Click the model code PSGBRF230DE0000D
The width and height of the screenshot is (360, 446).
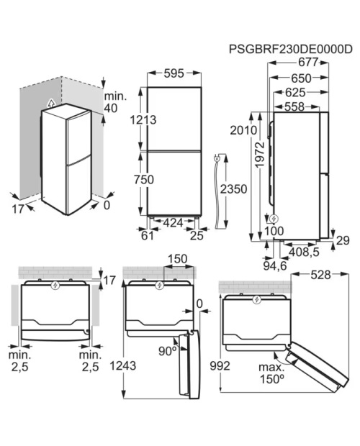291,49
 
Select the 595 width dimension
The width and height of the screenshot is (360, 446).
174,73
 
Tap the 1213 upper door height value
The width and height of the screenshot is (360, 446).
143,119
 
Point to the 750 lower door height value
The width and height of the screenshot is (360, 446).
144,180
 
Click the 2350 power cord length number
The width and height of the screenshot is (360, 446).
234,189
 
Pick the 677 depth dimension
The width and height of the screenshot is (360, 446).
308,62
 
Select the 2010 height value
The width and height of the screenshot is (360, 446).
243,130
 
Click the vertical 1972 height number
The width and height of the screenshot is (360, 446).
260,155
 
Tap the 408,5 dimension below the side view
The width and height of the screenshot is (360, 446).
304,252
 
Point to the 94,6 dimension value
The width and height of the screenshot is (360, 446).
275,266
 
